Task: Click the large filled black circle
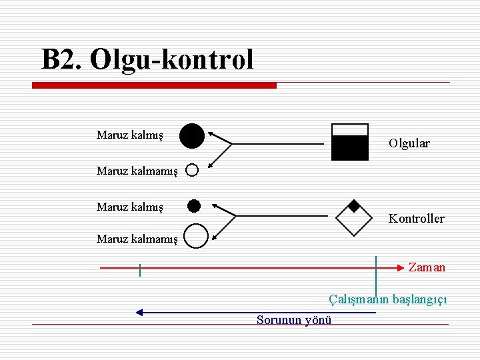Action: pos(191,135)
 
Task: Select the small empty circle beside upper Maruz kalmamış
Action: pos(192,170)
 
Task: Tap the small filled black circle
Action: pos(194,205)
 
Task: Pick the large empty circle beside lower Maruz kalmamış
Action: pos(195,235)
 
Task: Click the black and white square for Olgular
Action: pos(349,142)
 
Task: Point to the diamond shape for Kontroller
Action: pos(354,217)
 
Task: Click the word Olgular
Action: pos(409,143)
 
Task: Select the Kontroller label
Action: pos(416,219)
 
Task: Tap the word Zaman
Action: pos(427,267)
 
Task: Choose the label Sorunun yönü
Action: pos(294,320)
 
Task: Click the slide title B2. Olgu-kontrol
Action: pos(147,59)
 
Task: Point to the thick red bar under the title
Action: pos(155,85)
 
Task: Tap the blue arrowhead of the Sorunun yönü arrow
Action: pos(139,311)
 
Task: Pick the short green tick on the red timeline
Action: pos(140,270)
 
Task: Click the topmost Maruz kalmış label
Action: pos(129,135)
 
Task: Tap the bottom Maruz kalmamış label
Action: pos(137,238)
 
